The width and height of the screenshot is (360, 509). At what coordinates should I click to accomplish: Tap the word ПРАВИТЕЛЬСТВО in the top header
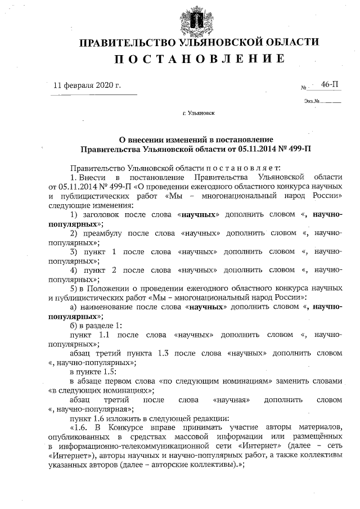tap(128, 43)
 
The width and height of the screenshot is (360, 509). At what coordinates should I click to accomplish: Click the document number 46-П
tap(330, 84)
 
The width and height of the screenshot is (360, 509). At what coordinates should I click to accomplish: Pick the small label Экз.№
tap(312, 102)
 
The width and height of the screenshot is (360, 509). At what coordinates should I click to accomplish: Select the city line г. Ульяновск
tap(199, 113)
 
